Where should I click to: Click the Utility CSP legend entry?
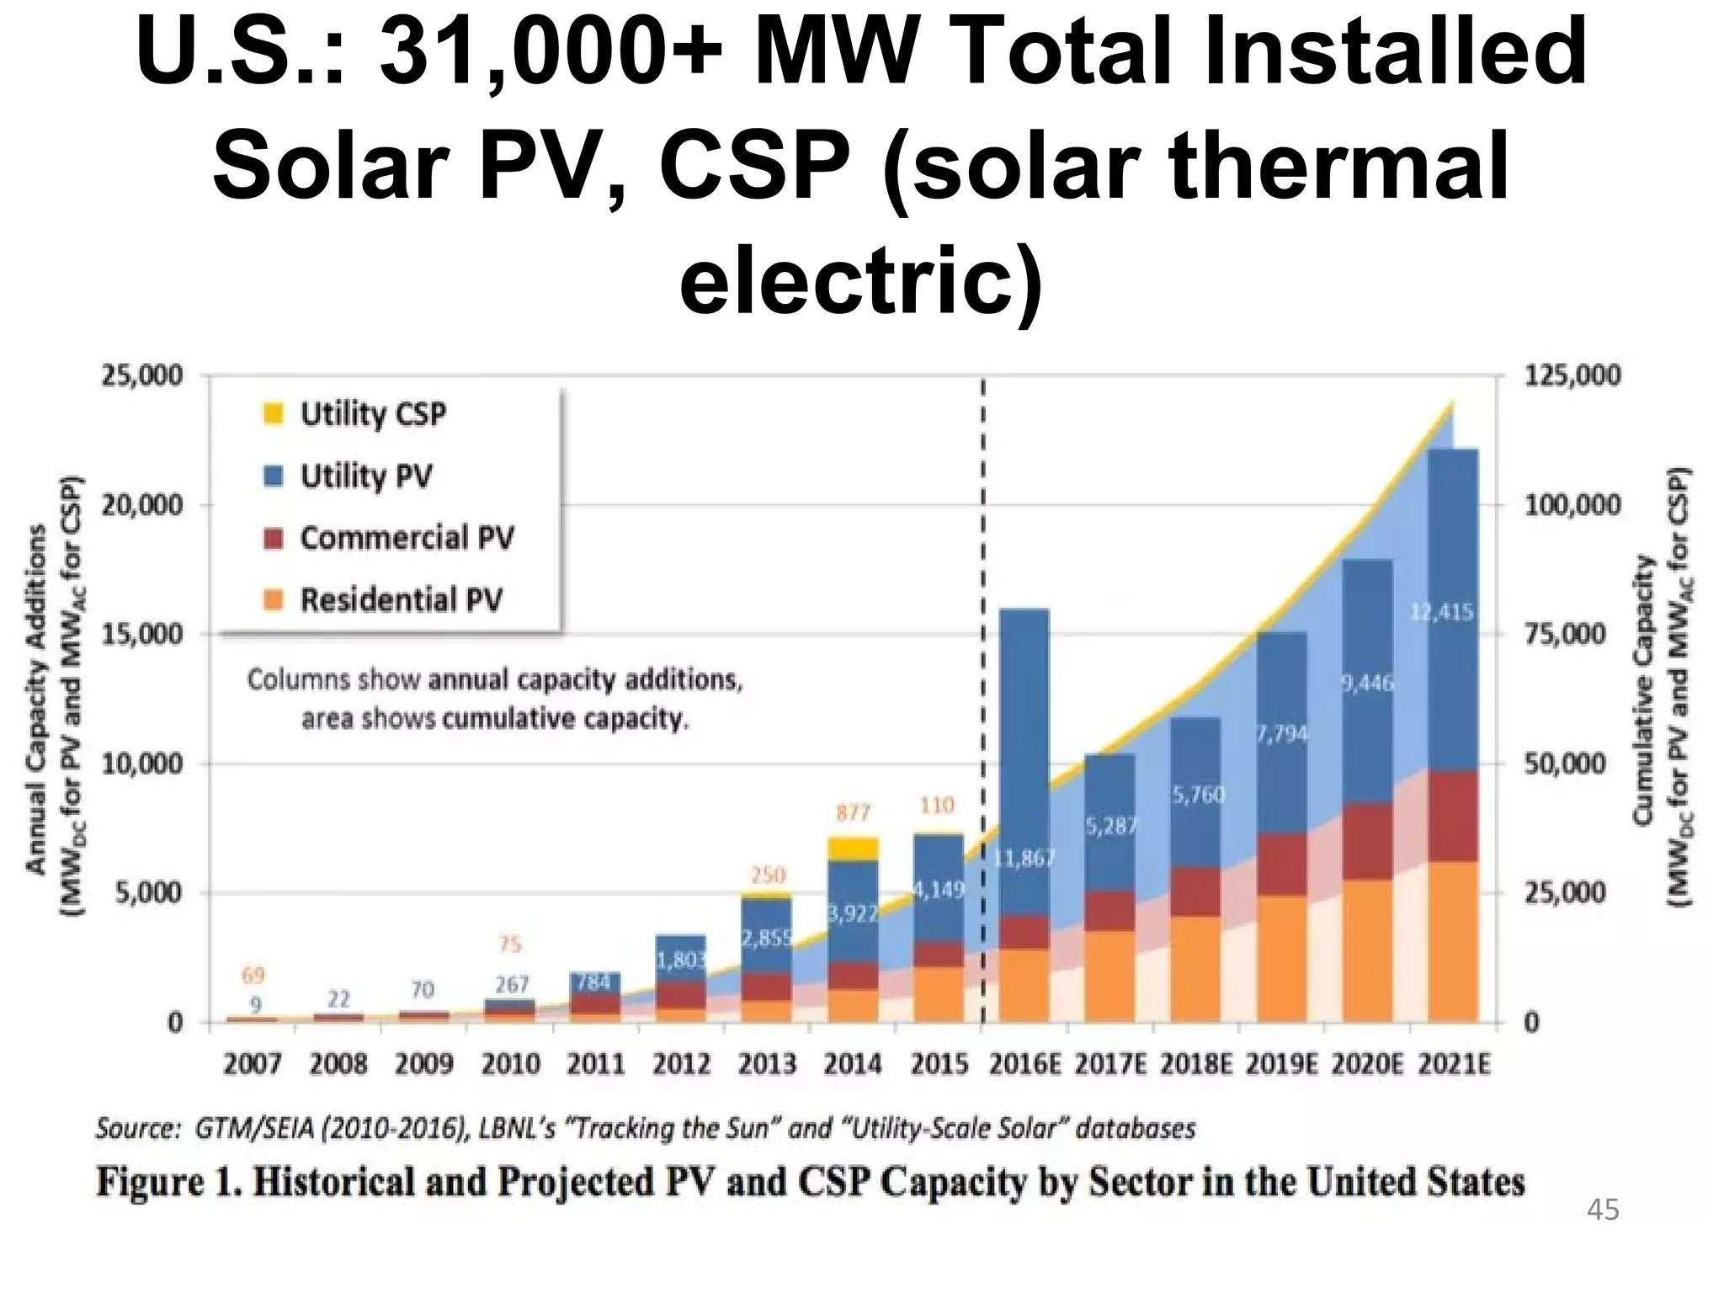pos(373,414)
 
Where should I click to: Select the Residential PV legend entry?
pos(401,600)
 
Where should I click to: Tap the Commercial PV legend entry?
pos(407,538)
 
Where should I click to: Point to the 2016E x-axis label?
pos(1024,1065)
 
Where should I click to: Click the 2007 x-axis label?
pos(253,1065)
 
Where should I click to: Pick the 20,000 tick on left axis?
pos(141,505)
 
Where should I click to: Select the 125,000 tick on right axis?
pos(1572,375)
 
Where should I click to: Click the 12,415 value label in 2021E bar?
pos(1441,612)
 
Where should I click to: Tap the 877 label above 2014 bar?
pos(853,812)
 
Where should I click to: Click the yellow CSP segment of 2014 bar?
pos(853,849)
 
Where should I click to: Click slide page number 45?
pos(1602,1211)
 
